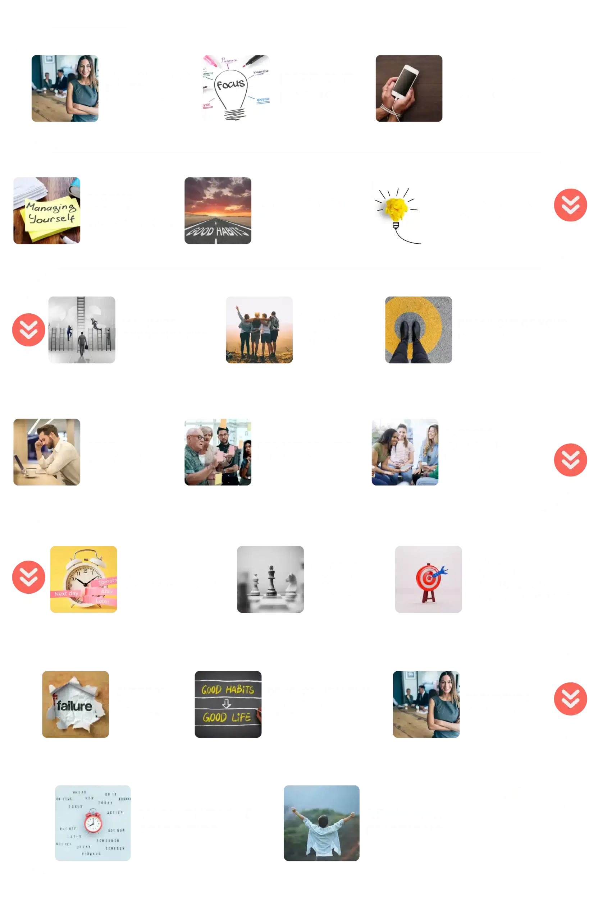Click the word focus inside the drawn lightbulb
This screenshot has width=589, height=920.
230,84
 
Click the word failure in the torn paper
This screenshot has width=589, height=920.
74,705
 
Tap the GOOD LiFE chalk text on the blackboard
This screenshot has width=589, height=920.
227,717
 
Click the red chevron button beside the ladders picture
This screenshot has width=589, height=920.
29,330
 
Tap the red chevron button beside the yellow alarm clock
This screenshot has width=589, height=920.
29,577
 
